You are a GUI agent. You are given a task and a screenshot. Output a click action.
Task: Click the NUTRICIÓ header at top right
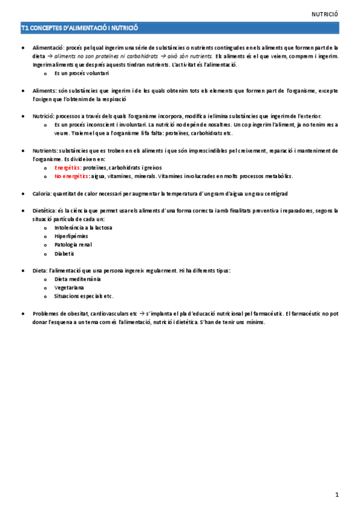point(326,13)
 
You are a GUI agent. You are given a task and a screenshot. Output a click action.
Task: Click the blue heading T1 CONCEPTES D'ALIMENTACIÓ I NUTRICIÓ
point(80,28)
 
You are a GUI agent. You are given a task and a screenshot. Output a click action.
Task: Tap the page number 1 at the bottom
point(338,494)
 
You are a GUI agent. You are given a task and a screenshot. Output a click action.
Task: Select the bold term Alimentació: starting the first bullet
point(48,47)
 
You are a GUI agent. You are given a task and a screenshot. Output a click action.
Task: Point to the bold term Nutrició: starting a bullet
point(44,115)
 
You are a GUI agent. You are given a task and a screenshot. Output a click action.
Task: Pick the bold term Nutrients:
point(46,150)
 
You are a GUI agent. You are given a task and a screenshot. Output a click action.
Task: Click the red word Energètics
point(67,168)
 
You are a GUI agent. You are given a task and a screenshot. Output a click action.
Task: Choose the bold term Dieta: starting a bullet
point(41,271)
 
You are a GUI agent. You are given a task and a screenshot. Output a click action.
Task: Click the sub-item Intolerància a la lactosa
point(83,228)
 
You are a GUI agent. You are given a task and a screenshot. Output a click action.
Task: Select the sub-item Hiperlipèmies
point(71,237)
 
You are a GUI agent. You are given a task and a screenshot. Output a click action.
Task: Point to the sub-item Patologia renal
point(73,245)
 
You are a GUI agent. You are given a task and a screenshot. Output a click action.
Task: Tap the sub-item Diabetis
point(64,254)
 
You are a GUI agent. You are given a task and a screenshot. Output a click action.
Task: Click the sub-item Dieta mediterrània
point(78,279)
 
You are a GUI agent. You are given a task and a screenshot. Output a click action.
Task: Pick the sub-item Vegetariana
point(69,287)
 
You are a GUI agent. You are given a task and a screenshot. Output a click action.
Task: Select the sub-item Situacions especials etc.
point(84,296)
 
